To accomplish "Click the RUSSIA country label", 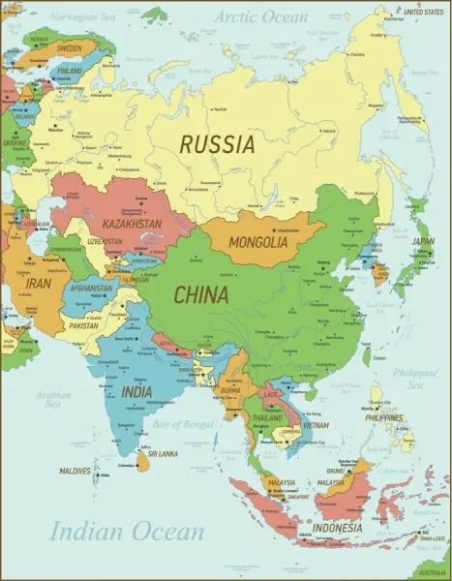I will pos(217,144).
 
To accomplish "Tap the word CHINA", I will pos(200,292).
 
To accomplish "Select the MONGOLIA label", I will pos(258,242).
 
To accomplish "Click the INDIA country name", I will pos(136,392).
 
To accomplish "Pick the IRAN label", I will pos(39,284).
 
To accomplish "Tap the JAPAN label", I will pos(423,242).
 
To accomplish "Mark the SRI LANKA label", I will pos(160,453).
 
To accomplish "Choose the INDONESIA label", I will pos(337,528).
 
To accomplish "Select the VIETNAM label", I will pos(315,425).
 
